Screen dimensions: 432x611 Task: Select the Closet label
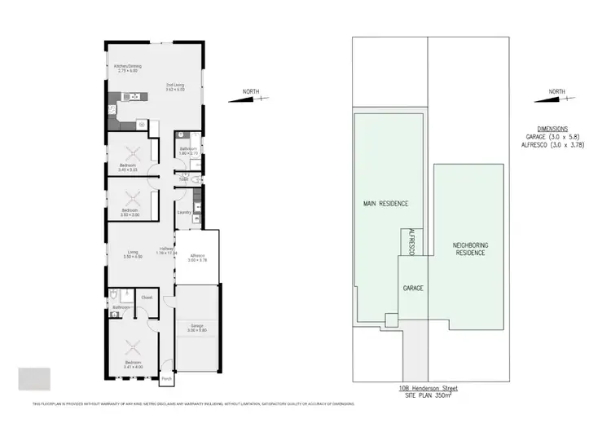[x=147, y=298]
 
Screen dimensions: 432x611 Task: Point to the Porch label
[x=166, y=379]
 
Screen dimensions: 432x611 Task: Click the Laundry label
[x=184, y=213]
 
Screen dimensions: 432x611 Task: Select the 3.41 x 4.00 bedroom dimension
[x=133, y=365]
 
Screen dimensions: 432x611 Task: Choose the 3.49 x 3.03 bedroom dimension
[x=130, y=170]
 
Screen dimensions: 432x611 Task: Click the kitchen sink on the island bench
[x=127, y=97]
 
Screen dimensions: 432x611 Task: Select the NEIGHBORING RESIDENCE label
[x=469, y=249]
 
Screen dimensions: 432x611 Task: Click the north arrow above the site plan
[x=559, y=97]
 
